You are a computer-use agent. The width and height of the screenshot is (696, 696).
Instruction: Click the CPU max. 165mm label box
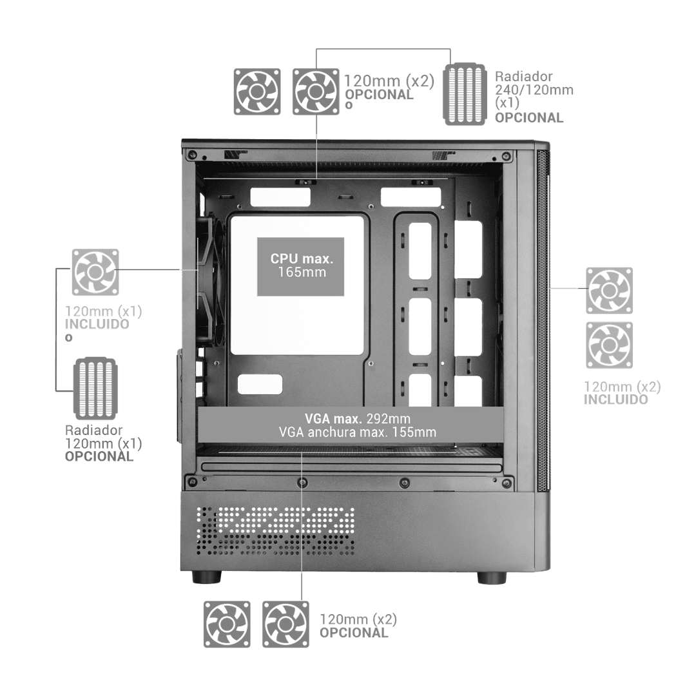300,266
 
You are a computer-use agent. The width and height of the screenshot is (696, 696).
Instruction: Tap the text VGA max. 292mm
357,418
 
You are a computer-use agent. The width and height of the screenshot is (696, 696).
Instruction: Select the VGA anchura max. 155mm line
357,432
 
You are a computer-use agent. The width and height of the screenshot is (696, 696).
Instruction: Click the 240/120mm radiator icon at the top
464,93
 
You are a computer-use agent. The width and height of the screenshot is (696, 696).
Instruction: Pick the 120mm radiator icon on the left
95,389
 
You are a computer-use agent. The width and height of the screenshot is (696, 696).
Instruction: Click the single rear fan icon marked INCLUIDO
95,272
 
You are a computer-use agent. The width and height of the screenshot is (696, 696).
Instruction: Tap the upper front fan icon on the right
609,291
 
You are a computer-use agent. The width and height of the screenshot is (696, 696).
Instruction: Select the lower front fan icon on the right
609,345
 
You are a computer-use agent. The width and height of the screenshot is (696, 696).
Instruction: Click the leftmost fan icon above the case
257,92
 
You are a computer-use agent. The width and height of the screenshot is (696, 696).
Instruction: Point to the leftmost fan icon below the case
227,624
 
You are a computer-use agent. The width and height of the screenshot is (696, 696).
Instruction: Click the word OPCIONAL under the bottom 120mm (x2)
354,633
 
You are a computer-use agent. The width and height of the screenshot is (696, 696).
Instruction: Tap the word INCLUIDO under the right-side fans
615,400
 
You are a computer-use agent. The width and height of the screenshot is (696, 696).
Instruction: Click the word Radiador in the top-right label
524,76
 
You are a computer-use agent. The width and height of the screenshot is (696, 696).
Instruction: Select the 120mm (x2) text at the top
389,81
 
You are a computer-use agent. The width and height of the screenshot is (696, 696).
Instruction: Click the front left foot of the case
207,577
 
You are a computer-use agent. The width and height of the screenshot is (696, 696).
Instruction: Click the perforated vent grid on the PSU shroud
275,531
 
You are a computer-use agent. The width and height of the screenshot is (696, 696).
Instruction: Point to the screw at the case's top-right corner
506,156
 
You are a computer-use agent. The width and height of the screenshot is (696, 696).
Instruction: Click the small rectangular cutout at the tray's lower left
260,384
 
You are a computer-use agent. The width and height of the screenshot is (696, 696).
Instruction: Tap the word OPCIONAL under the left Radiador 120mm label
99,456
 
